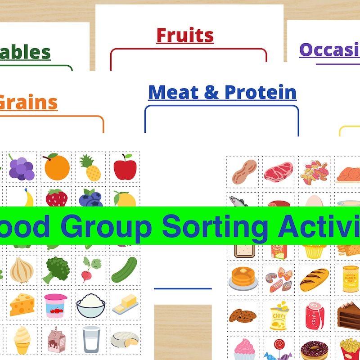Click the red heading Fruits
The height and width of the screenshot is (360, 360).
coord(185,35)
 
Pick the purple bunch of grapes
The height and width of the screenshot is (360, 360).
coord(21,168)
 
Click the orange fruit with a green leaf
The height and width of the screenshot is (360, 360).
coord(57,167)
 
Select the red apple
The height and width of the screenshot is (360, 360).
coord(125,167)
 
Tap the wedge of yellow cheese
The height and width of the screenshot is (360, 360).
coord(21,305)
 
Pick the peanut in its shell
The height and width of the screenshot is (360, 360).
coord(244,171)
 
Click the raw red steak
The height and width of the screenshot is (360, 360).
coord(279,171)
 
